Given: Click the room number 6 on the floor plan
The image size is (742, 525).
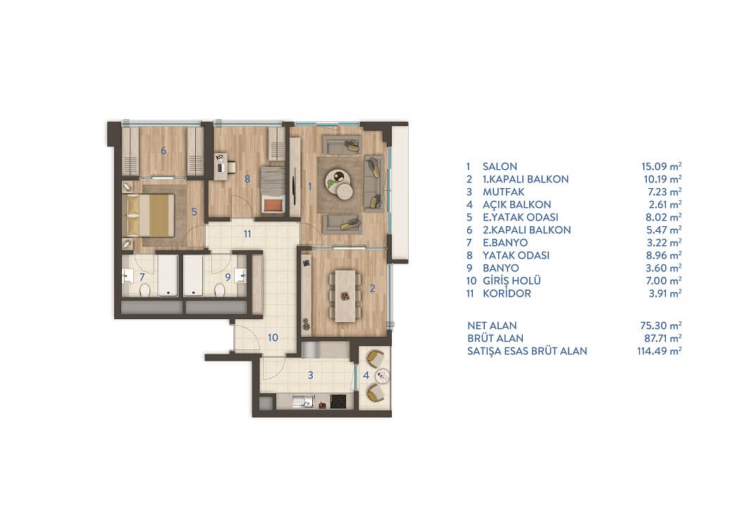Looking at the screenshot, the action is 163,151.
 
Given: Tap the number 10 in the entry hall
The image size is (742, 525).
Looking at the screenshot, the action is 273,338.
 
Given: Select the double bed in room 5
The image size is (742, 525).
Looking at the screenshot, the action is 149,215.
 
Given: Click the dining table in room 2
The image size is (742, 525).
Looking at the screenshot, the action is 345,295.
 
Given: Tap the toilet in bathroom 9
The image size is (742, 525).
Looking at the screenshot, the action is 220,290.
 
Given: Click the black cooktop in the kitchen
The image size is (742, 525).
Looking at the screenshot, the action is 338,402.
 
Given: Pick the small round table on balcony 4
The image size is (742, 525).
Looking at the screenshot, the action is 383,376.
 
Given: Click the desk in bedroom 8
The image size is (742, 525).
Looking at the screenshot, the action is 225,166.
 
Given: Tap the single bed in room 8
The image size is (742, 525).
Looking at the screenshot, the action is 273,190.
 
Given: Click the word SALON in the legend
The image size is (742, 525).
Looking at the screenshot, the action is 500,166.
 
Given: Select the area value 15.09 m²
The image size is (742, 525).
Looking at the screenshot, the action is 661,166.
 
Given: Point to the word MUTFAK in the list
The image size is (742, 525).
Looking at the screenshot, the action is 504,192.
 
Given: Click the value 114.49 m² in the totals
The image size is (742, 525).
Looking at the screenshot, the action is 659,351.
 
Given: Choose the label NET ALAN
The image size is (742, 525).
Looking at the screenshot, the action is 492,326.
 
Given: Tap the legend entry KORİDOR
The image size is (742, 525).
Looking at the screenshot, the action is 507,293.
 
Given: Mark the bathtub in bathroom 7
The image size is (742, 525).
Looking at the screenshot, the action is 168,276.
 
